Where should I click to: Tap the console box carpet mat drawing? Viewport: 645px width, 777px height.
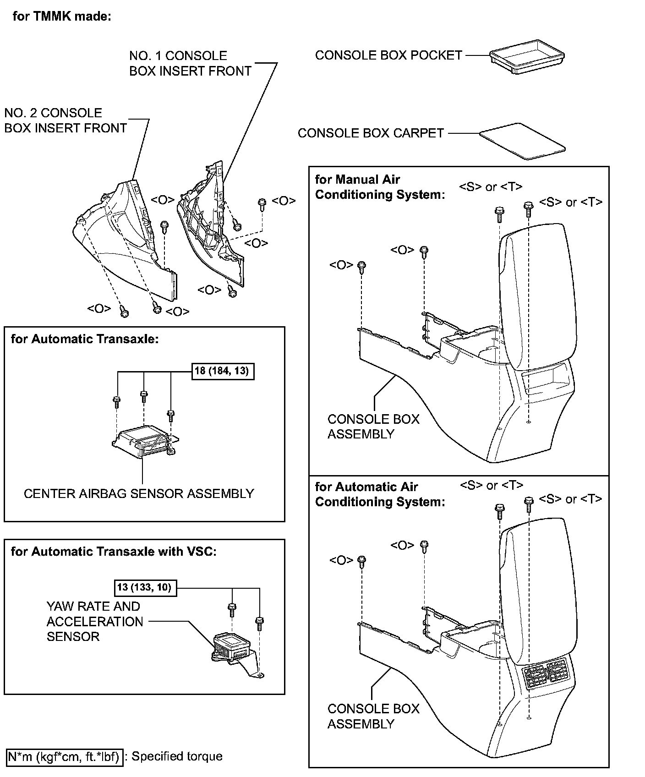(x=522, y=141)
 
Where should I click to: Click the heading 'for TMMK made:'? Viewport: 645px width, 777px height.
(x=62, y=17)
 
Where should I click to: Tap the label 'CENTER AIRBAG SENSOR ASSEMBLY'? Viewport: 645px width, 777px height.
(x=139, y=493)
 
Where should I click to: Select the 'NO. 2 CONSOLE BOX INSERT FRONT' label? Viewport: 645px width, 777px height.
(x=66, y=120)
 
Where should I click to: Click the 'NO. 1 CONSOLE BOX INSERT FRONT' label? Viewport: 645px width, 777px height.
(x=190, y=63)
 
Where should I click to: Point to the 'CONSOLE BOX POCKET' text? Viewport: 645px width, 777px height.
(x=388, y=55)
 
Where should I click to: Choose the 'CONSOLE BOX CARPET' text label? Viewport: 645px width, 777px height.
(x=371, y=133)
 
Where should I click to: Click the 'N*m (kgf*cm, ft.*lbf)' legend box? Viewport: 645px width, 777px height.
(x=64, y=756)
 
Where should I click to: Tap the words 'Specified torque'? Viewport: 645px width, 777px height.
(x=177, y=756)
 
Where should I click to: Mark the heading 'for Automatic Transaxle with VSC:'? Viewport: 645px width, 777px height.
(x=113, y=551)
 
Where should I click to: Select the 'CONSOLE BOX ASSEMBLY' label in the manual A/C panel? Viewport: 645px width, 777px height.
(x=373, y=426)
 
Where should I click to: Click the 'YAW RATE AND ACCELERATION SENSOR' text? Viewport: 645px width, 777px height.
(x=95, y=621)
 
